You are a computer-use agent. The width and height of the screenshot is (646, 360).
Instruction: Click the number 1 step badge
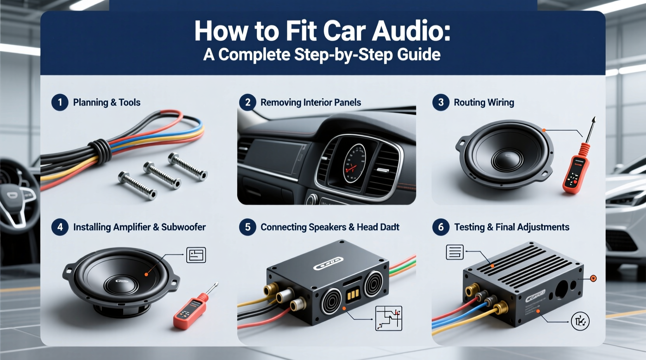[60, 102]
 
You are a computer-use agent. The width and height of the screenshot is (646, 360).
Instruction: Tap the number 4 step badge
[60, 227]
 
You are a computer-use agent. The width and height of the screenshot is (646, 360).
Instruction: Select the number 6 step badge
[441, 227]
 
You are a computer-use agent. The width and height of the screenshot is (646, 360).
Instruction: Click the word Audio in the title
[411, 31]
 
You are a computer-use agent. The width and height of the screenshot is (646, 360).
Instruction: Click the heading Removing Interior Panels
[311, 102]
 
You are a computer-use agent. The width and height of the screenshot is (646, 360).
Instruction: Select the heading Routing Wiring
[484, 102]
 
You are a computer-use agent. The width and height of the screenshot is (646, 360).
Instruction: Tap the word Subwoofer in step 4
[183, 227]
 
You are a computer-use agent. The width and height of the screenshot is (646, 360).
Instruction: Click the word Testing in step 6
[469, 227]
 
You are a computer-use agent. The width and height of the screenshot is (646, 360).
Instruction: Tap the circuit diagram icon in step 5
[389, 318]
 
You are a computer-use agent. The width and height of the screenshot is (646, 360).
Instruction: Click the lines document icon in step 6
[455, 252]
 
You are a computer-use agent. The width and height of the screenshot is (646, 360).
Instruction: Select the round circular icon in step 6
[580, 321]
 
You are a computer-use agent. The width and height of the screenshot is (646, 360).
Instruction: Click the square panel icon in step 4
[196, 255]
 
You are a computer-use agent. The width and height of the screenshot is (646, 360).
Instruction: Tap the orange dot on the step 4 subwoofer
[146, 274]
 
